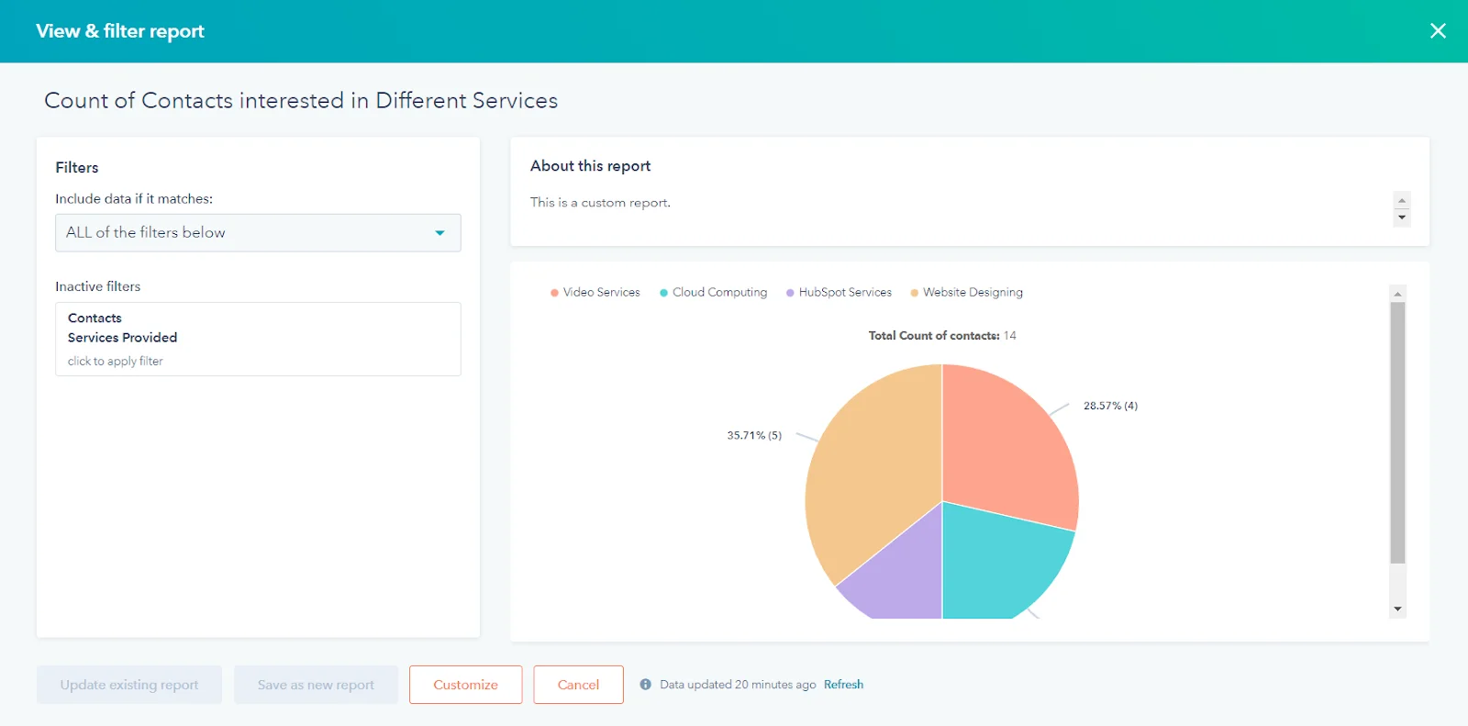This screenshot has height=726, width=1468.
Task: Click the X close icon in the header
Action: coord(1438,31)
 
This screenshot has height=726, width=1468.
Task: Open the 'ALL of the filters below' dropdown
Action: coord(258,233)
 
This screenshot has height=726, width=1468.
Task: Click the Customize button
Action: coord(465,685)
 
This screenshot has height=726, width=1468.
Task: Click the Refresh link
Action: coord(843,685)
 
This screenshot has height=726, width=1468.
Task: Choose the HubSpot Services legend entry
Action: coord(839,293)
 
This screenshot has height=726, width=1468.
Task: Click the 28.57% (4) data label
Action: coord(1110,406)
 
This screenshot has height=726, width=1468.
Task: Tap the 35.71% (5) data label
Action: coord(754,436)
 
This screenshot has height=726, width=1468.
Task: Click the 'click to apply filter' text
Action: coord(116,362)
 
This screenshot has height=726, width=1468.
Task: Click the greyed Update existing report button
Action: coord(129,685)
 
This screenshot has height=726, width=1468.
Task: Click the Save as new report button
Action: coord(316,685)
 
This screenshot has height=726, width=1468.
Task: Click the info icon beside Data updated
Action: coord(646,685)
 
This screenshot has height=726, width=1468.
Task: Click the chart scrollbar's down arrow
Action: coord(1397,609)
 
